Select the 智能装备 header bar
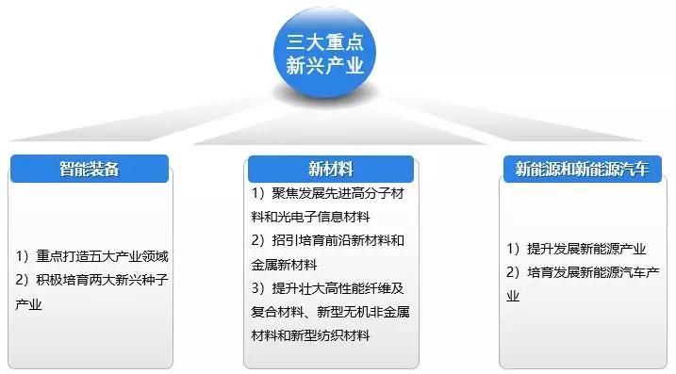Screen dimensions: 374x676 (90, 170)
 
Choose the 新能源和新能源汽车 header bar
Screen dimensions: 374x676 (582, 170)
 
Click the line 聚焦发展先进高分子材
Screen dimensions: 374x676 (336, 193)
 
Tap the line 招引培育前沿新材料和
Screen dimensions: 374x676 (336, 240)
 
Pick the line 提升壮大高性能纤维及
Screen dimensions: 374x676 (336, 288)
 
